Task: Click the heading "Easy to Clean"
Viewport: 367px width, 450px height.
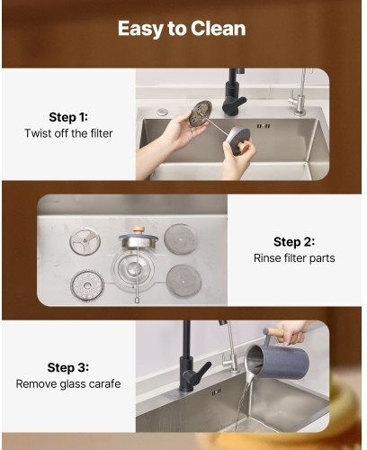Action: pos(182,29)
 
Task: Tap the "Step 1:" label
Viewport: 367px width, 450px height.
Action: pos(68,117)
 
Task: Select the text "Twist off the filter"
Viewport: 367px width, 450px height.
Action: pos(68,133)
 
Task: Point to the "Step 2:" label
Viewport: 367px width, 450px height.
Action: pos(294,242)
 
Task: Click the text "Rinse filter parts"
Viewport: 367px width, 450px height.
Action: pos(294,258)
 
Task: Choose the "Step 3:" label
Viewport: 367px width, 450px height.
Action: pos(68,367)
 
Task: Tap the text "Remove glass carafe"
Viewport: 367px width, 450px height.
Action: pos(68,383)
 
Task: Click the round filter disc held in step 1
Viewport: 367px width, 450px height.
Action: pos(201,113)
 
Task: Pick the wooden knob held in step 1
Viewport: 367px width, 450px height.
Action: pos(244,147)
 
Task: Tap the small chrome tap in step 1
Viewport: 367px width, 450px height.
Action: pos(298,99)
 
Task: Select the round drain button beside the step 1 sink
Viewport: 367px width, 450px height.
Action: pos(162,112)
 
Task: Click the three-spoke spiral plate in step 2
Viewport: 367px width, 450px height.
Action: pos(85,241)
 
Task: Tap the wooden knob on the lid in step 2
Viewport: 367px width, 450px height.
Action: pos(139,230)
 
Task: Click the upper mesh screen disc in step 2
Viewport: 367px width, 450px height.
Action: pos(181,239)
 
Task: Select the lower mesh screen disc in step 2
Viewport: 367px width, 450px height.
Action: pos(183,281)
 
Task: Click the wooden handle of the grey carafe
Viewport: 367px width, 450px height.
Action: pos(273,332)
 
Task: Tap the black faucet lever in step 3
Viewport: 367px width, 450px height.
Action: pos(201,372)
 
